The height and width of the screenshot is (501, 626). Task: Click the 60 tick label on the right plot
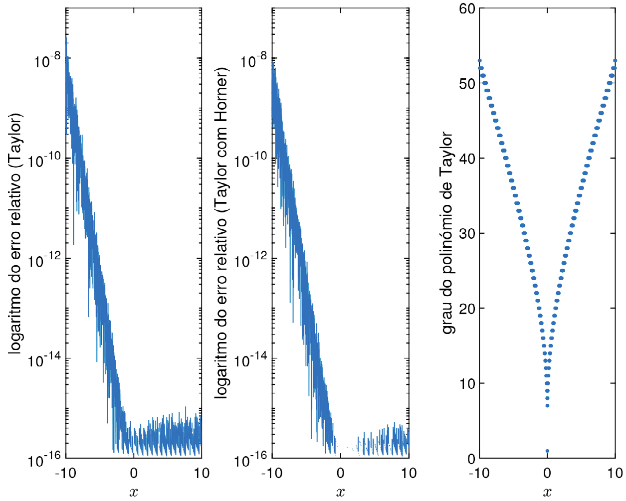(467, 8)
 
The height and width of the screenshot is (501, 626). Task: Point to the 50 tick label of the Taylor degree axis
(467, 83)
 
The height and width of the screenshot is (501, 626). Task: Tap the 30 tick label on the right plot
(467, 233)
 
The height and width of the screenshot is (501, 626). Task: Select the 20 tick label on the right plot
(467, 309)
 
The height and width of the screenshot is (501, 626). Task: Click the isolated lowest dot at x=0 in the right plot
(547, 451)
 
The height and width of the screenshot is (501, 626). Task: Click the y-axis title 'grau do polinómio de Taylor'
(447, 233)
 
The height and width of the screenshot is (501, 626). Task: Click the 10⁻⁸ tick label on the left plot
(47, 60)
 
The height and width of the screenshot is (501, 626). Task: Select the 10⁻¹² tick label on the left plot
(43, 260)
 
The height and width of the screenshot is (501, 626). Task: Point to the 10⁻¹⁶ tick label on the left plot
(44, 459)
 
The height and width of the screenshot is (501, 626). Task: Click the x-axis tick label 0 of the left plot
(134, 473)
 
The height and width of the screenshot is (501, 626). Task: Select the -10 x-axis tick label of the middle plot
(272, 473)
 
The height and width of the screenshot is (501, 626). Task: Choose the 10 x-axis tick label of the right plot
(615, 473)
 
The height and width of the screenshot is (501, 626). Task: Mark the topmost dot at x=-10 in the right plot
(479, 61)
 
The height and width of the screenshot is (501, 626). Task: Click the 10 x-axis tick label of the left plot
(202, 473)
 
